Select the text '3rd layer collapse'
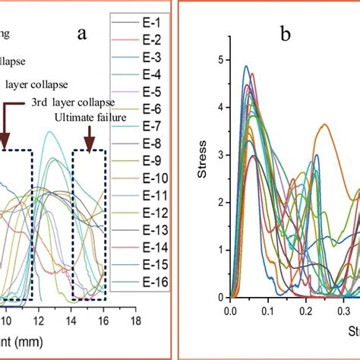(72, 102)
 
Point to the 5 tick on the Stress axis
(220, 59)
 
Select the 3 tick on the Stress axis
(220, 155)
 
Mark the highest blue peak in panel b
(246, 66)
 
